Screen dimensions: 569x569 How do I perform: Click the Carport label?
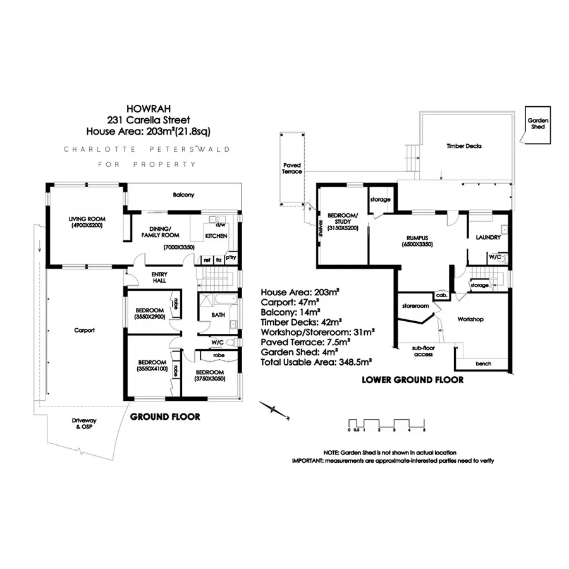point(83,330)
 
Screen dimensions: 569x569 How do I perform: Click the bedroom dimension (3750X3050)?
point(209,378)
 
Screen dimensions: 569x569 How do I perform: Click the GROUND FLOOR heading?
point(165,417)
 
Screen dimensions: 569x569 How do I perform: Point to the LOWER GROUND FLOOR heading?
point(412,380)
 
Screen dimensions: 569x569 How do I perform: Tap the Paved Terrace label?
point(292,168)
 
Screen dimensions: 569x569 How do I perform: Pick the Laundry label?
point(488,238)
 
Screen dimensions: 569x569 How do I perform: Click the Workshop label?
point(470,319)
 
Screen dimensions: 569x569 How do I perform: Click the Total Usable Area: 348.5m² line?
point(315,363)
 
